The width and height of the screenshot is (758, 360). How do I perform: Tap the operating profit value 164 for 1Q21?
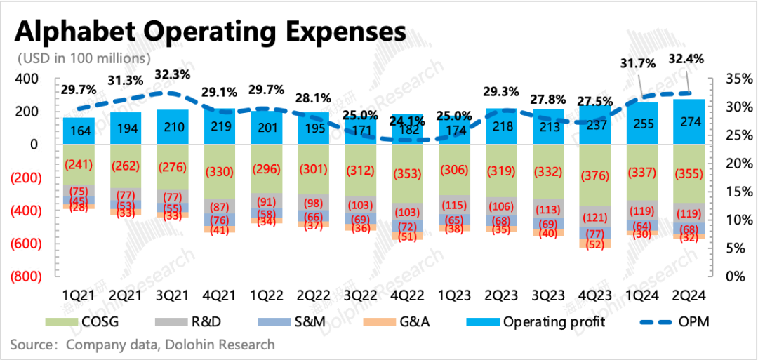click(78, 131)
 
